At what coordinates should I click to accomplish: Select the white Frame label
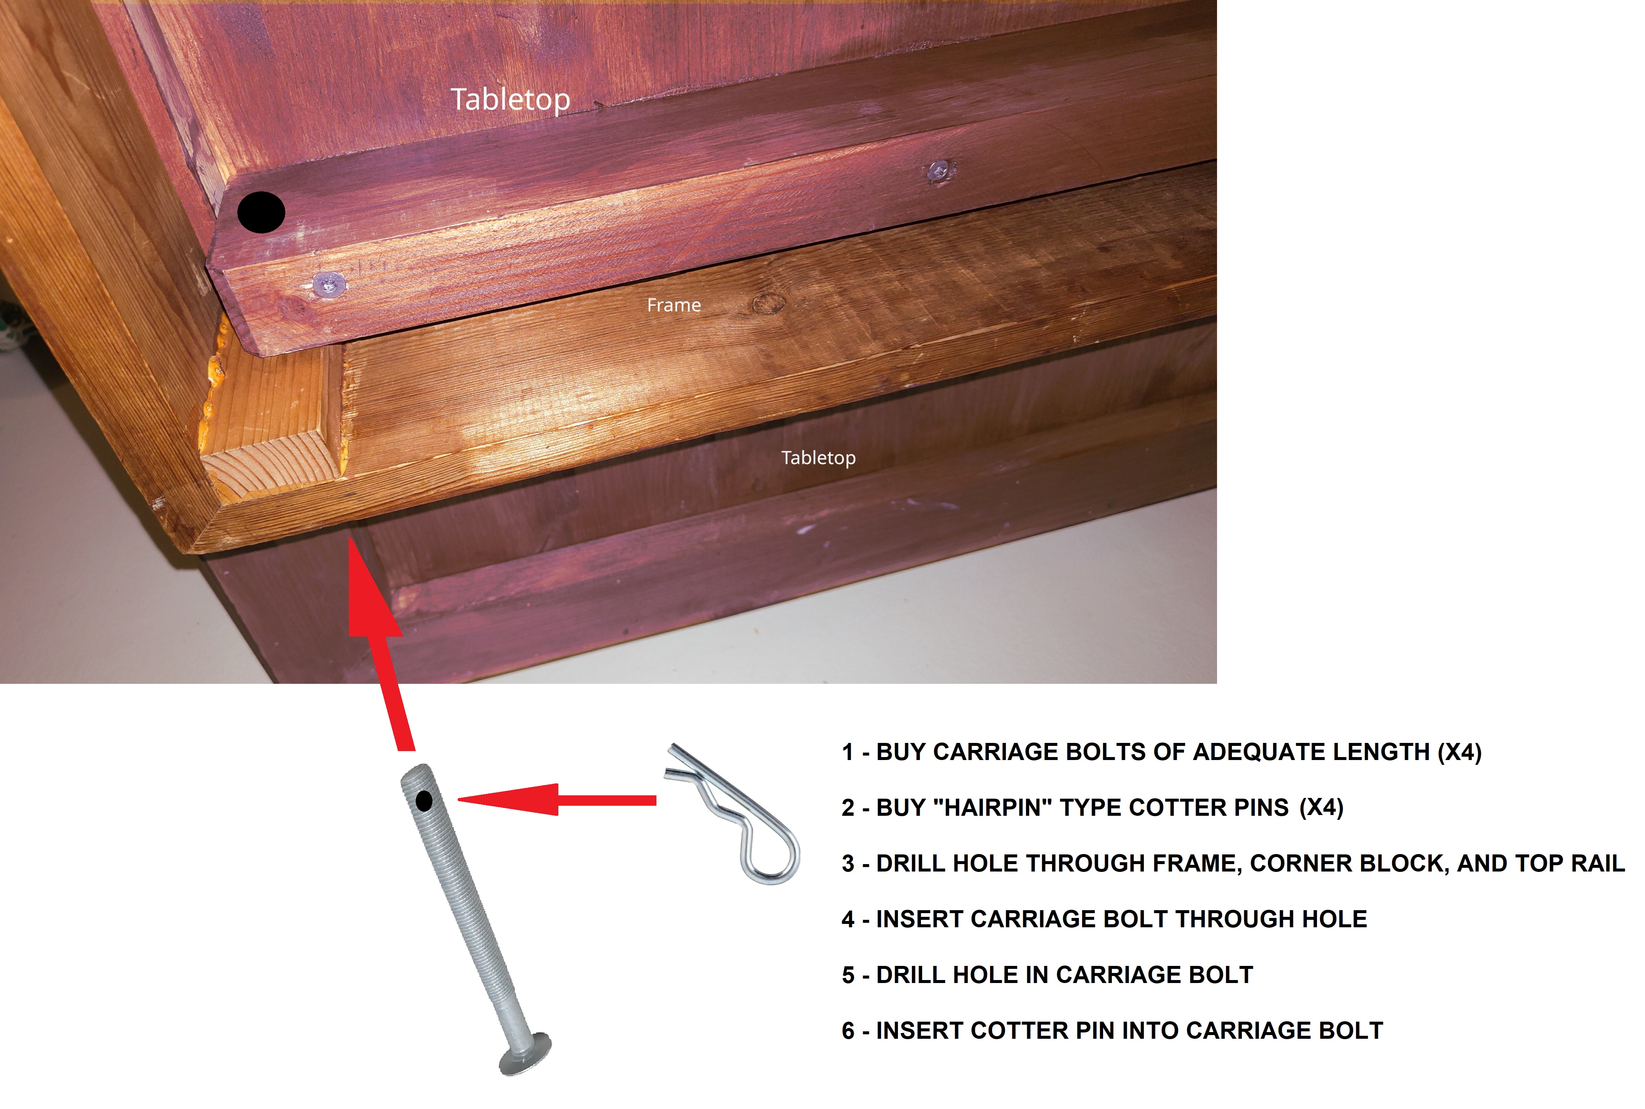click(x=674, y=305)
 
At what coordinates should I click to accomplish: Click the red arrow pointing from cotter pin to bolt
click(x=557, y=800)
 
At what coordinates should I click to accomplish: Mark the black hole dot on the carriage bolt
click(x=424, y=801)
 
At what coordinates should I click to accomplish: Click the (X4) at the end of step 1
click(x=1459, y=752)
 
